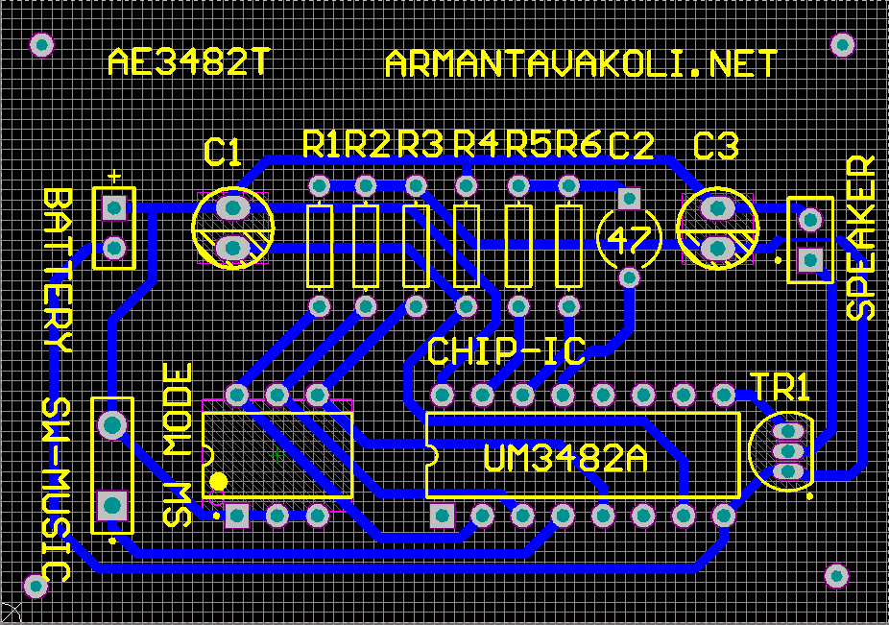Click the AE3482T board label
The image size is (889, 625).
188,61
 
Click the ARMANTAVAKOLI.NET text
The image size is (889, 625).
581,63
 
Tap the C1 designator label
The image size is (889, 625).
223,152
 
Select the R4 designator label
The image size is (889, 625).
476,144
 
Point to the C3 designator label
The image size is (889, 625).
716,146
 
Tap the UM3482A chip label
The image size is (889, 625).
565,458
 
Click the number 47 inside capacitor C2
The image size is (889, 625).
630,239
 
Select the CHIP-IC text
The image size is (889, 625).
506,351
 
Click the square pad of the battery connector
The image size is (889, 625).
114,207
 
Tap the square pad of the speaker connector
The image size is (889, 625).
810,260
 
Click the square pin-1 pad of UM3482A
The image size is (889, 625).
443,517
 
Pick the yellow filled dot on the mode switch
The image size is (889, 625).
219,482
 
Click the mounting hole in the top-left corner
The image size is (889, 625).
41,45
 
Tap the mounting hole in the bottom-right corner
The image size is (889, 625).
836,576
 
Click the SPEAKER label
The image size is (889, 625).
860,238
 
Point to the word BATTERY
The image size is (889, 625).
58,271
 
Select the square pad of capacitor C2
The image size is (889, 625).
629,199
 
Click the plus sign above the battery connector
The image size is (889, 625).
114,177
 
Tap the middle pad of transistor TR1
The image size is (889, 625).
788,451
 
